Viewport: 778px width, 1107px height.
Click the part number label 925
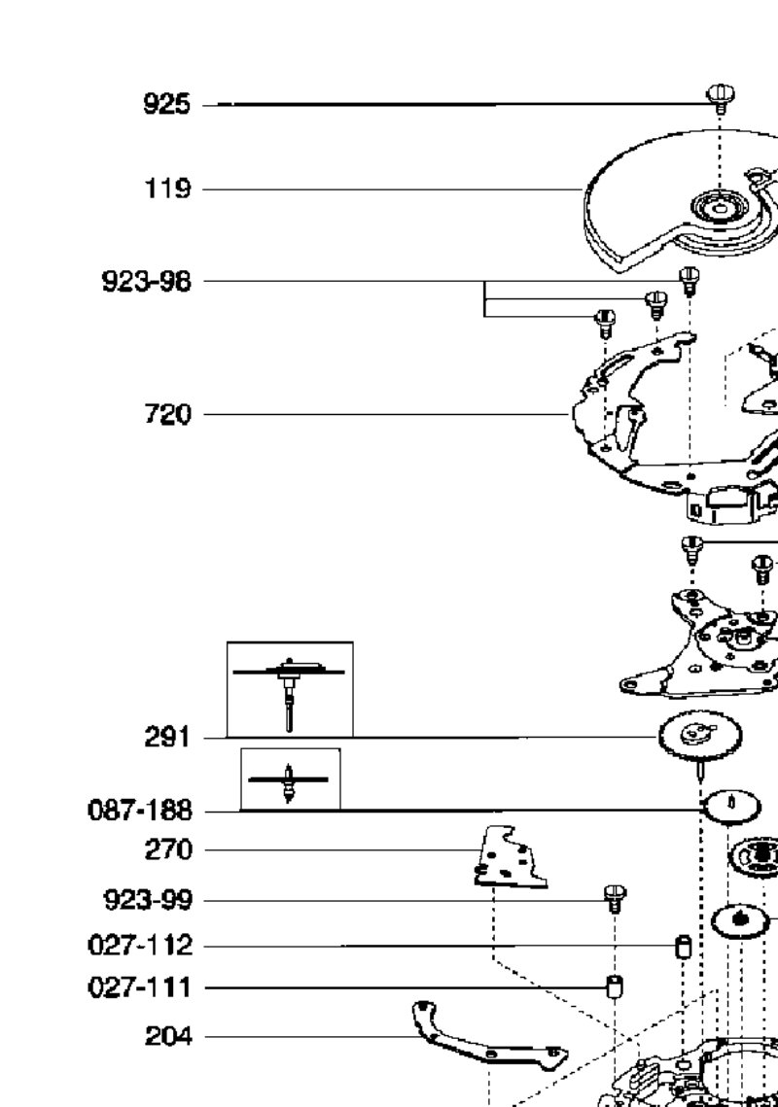tap(166, 105)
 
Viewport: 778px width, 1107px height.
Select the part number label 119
tap(167, 190)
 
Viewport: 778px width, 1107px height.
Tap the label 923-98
tap(146, 281)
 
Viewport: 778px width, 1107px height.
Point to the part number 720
tap(167, 414)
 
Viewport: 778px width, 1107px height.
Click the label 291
tap(167, 738)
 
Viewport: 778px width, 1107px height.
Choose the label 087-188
tap(140, 811)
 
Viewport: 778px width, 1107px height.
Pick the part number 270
tap(168, 850)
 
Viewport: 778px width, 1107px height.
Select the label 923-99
tap(148, 900)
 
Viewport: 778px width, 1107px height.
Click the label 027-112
tap(140, 945)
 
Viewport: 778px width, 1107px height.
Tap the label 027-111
tap(140, 987)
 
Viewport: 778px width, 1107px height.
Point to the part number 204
tap(168, 1036)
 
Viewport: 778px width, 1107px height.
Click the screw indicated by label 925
tap(721, 98)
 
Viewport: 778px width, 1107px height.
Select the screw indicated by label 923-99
tap(615, 899)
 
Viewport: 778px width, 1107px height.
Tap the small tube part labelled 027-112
tap(683, 946)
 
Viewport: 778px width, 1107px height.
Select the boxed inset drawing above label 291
tap(290, 689)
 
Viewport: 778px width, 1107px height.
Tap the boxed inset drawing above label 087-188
tap(291, 779)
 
